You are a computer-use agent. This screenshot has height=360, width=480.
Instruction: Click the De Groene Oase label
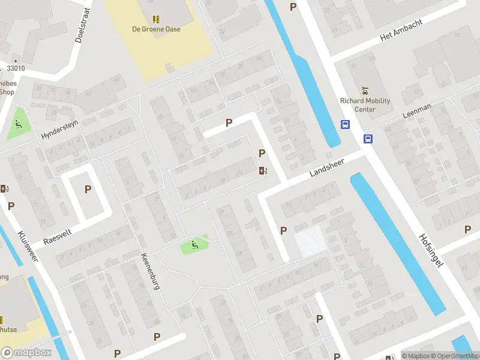click(156, 29)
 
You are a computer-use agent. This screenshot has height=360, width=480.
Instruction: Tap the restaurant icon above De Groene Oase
click(156, 19)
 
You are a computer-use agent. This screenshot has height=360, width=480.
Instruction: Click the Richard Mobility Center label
click(365, 105)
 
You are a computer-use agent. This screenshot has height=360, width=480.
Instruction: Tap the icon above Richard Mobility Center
click(364, 91)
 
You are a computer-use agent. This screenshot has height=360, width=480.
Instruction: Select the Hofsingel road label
click(430, 250)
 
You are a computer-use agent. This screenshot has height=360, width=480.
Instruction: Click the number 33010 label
click(16, 68)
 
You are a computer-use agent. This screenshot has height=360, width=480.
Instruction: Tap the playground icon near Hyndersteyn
click(18, 125)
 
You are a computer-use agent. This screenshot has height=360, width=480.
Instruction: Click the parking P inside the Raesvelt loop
click(88, 189)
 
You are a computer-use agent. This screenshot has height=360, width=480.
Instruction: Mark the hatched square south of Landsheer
click(311, 241)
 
